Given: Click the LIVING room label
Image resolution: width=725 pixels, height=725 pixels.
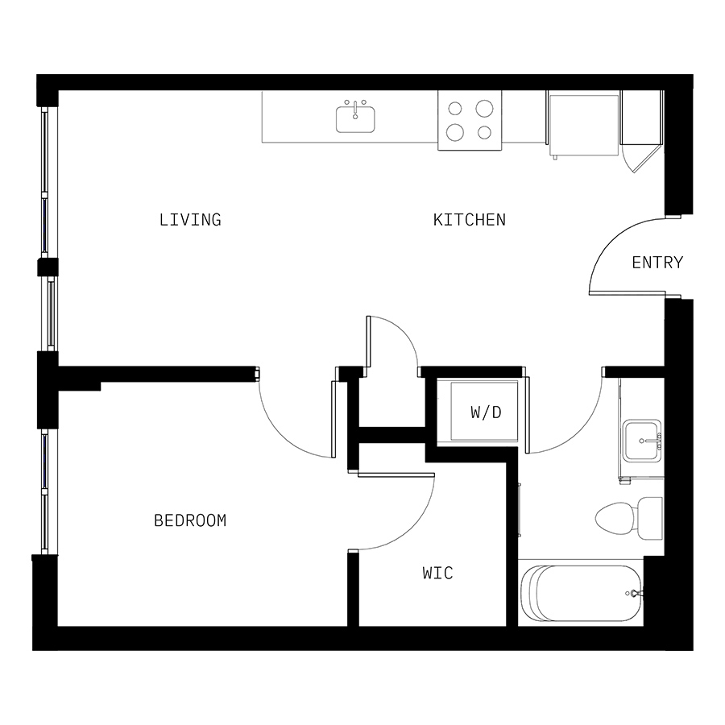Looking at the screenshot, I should tap(190, 219).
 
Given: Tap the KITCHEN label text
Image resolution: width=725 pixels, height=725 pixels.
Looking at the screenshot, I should tap(470, 219).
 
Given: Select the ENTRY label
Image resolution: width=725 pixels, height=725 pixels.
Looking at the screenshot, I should tap(657, 262).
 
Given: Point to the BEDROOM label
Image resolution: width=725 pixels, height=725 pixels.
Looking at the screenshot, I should tap(190, 520).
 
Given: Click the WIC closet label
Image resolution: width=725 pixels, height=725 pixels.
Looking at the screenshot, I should tap(437, 573).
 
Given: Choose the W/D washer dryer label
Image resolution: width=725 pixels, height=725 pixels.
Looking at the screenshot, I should tap(486, 412).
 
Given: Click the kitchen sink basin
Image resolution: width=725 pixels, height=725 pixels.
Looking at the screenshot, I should tap(355, 120).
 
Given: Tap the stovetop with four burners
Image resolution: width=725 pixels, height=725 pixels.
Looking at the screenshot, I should tap(470, 119).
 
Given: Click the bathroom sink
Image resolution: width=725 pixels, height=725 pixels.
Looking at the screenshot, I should tap(641, 441).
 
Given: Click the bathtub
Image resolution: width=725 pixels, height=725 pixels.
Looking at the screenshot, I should tap(580, 594).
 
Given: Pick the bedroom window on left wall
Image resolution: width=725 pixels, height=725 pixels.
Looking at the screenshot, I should tap(45, 491).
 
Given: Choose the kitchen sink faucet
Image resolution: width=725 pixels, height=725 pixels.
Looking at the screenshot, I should tap(355, 106).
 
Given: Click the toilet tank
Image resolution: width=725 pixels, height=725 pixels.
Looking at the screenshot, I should tap(649, 516).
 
